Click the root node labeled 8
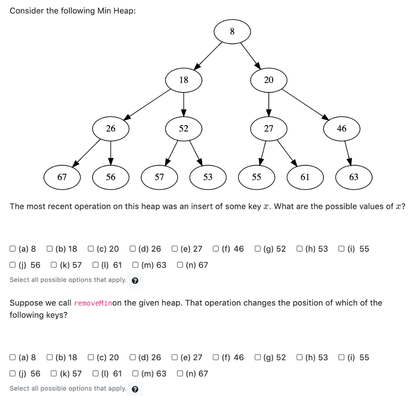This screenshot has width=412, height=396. [232, 31]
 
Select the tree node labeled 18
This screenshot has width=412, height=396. [183, 80]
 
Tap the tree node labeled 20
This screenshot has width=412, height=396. [268, 80]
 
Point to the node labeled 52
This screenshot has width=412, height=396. [183, 129]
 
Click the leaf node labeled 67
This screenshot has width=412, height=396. [62, 177]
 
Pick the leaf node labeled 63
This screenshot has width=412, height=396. [354, 177]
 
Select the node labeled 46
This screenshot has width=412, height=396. [341, 129]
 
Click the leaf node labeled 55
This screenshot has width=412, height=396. [256, 177]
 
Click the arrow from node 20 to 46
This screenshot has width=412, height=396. [305, 105]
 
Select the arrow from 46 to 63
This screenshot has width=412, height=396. [348, 153]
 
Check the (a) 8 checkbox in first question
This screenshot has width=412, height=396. [13, 249]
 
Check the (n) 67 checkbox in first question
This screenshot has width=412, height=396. [180, 265]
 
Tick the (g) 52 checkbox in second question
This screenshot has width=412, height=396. [258, 357]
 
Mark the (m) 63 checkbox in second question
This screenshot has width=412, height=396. [136, 373]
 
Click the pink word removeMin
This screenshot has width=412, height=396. [93, 303]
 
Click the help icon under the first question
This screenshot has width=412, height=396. [135, 281]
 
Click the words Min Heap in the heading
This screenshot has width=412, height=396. [115, 11]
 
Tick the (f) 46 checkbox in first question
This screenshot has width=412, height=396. [217, 249]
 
